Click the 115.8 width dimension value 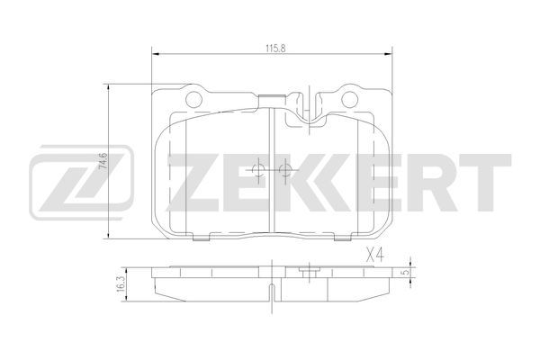pos(275,49)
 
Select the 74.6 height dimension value pos(103,160)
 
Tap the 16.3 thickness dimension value pos(121,283)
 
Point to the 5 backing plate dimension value pos(407,272)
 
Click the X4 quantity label pos(374,256)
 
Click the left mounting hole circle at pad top pos(193,100)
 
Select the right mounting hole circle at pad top pos(349,100)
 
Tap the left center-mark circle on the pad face pos(258,169)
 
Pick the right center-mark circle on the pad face pos(285,169)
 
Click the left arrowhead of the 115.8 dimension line pos(156,54)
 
